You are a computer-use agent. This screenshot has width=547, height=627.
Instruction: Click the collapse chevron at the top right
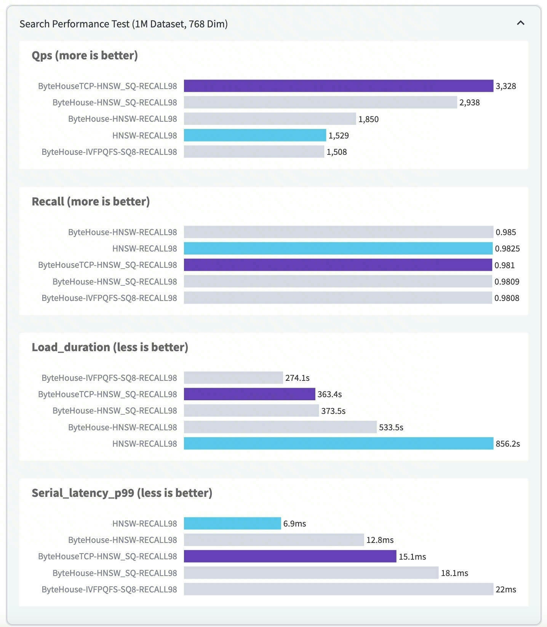click(x=520, y=23)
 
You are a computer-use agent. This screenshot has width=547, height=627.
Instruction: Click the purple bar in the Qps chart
click(x=339, y=86)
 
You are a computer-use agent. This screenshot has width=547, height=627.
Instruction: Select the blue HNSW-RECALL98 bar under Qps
click(x=255, y=135)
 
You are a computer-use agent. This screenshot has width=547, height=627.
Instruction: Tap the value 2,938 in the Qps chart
click(x=469, y=102)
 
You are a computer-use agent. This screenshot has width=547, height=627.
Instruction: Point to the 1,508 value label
click(x=337, y=152)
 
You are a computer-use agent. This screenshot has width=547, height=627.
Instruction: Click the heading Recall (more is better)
click(x=91, y=201)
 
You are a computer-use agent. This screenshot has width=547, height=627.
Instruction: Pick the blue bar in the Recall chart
click(x=338, y=248)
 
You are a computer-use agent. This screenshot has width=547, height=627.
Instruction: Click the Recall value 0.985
click(x=506, y=232)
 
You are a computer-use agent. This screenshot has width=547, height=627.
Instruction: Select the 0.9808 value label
click(x=507, y=298)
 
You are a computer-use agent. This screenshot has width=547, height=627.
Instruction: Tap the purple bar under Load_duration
click(x=250, y=394)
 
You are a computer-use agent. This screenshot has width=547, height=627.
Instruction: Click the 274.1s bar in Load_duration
click(x=234, y=378)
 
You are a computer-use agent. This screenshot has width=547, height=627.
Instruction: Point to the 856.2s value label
click(x=508, y=444)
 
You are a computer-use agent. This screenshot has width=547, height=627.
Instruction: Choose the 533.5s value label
click(x=391, y=427)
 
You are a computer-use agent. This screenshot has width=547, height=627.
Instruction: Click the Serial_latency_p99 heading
click(x=122, y=493)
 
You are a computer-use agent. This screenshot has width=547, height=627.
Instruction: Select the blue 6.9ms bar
click(x=232, y=524)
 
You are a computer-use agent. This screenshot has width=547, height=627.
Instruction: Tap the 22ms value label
click(x=506, y=589)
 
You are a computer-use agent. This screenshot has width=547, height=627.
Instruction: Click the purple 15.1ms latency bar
click(x=290, y=556)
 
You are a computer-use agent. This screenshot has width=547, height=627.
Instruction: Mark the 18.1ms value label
click(x=454, y=573)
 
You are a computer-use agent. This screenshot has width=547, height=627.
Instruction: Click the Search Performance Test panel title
click(x=124, y=24)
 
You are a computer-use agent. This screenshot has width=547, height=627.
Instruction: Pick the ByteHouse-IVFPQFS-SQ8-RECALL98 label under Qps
click(x=109, y=152)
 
